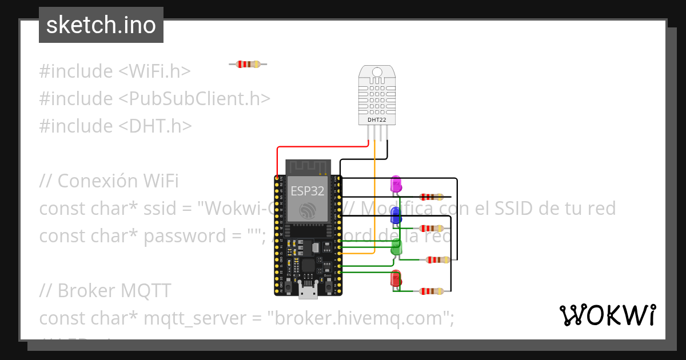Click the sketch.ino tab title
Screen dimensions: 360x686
pos(101,25)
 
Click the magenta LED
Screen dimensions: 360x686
pos(395,184)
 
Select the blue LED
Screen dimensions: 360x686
pos(395,215)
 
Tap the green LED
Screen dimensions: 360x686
pos(396,247)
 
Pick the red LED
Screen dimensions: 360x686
pos(396,279)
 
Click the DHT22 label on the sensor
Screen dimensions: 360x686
pos(377,120)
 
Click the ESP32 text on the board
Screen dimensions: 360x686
pos(308,190)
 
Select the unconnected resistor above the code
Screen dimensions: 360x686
pos(248,65)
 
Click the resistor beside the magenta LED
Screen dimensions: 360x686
pos(432,197)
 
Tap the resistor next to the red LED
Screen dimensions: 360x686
pos(432,291)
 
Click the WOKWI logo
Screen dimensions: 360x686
pos(607,315)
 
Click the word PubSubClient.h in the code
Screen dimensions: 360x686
pos(194,99)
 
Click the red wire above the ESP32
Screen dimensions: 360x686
pos(320,147)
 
